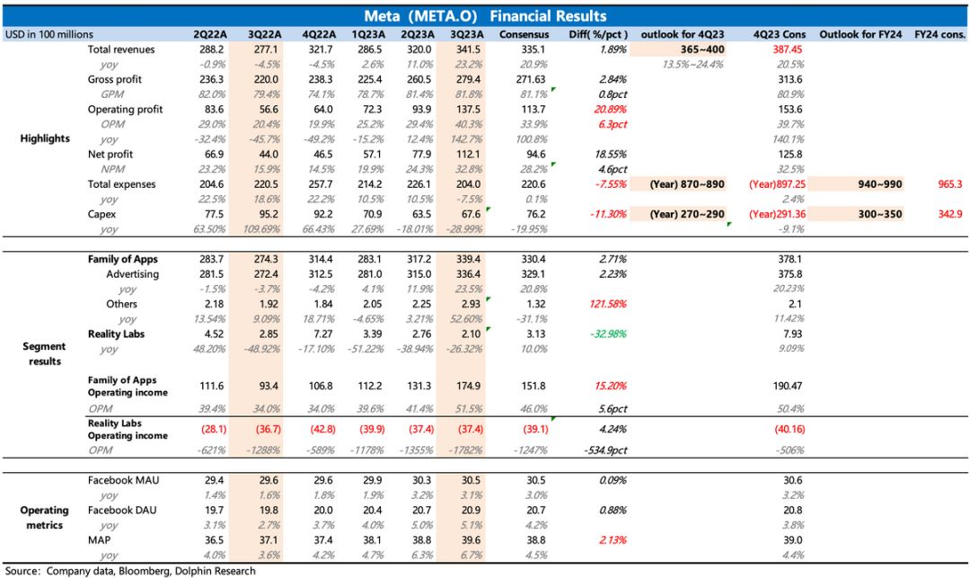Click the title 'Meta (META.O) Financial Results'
(485, 16)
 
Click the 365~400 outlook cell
(678, 49)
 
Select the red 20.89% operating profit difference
(609, 109)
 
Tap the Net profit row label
(110, 155)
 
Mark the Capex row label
(102, 214)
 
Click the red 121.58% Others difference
(607, 304)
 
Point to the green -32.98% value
(607, 334)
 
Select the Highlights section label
(45, 139)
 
